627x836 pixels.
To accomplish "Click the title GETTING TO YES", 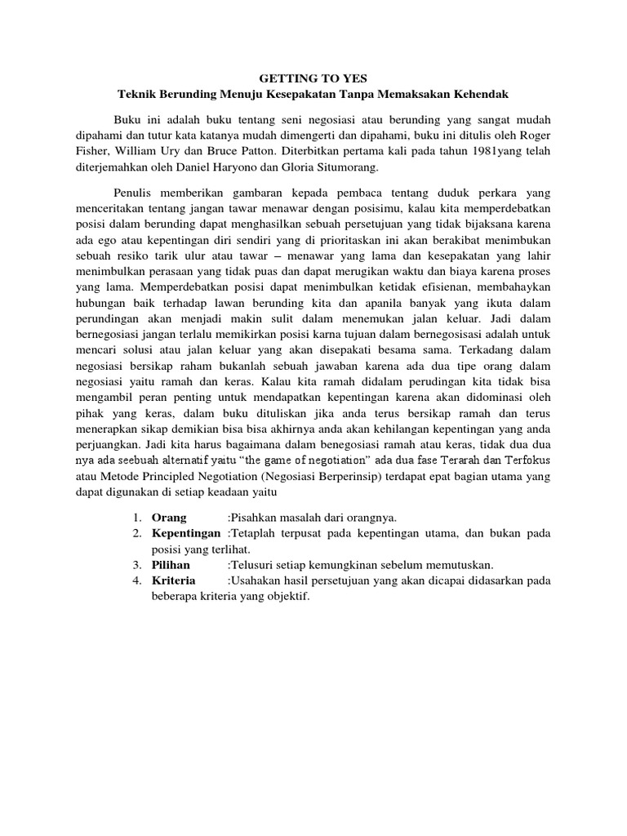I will pyautogui.click(x=313, y=78).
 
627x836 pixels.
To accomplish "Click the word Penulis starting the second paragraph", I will pyautogui.click(x=136, y=193).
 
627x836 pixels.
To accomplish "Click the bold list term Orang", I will pyautogui.click(x=169, y=518).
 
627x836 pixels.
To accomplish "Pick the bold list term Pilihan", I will pyautogui.click(x=171, y=565).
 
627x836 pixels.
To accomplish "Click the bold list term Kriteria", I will pyautogui.click(x=173, y=580).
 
